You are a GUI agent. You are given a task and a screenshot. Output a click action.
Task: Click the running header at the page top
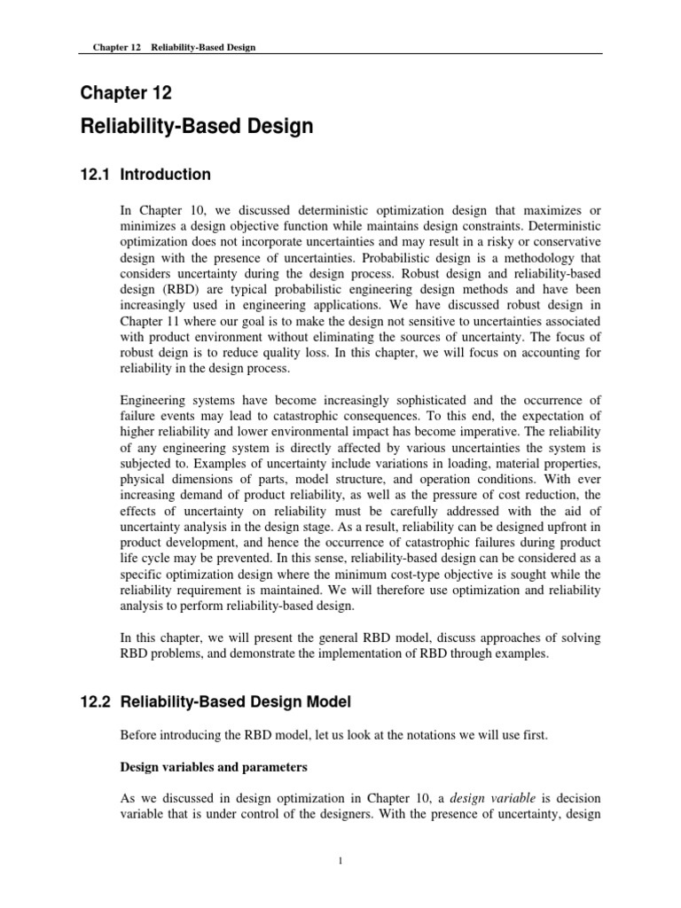tap(174, 47)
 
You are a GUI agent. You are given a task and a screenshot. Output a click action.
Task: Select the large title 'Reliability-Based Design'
tap(197, 126)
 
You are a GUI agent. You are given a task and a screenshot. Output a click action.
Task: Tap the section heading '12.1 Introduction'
tap(145, 175)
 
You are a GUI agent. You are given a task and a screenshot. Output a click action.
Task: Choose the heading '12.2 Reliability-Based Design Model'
tap(215, 702)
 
